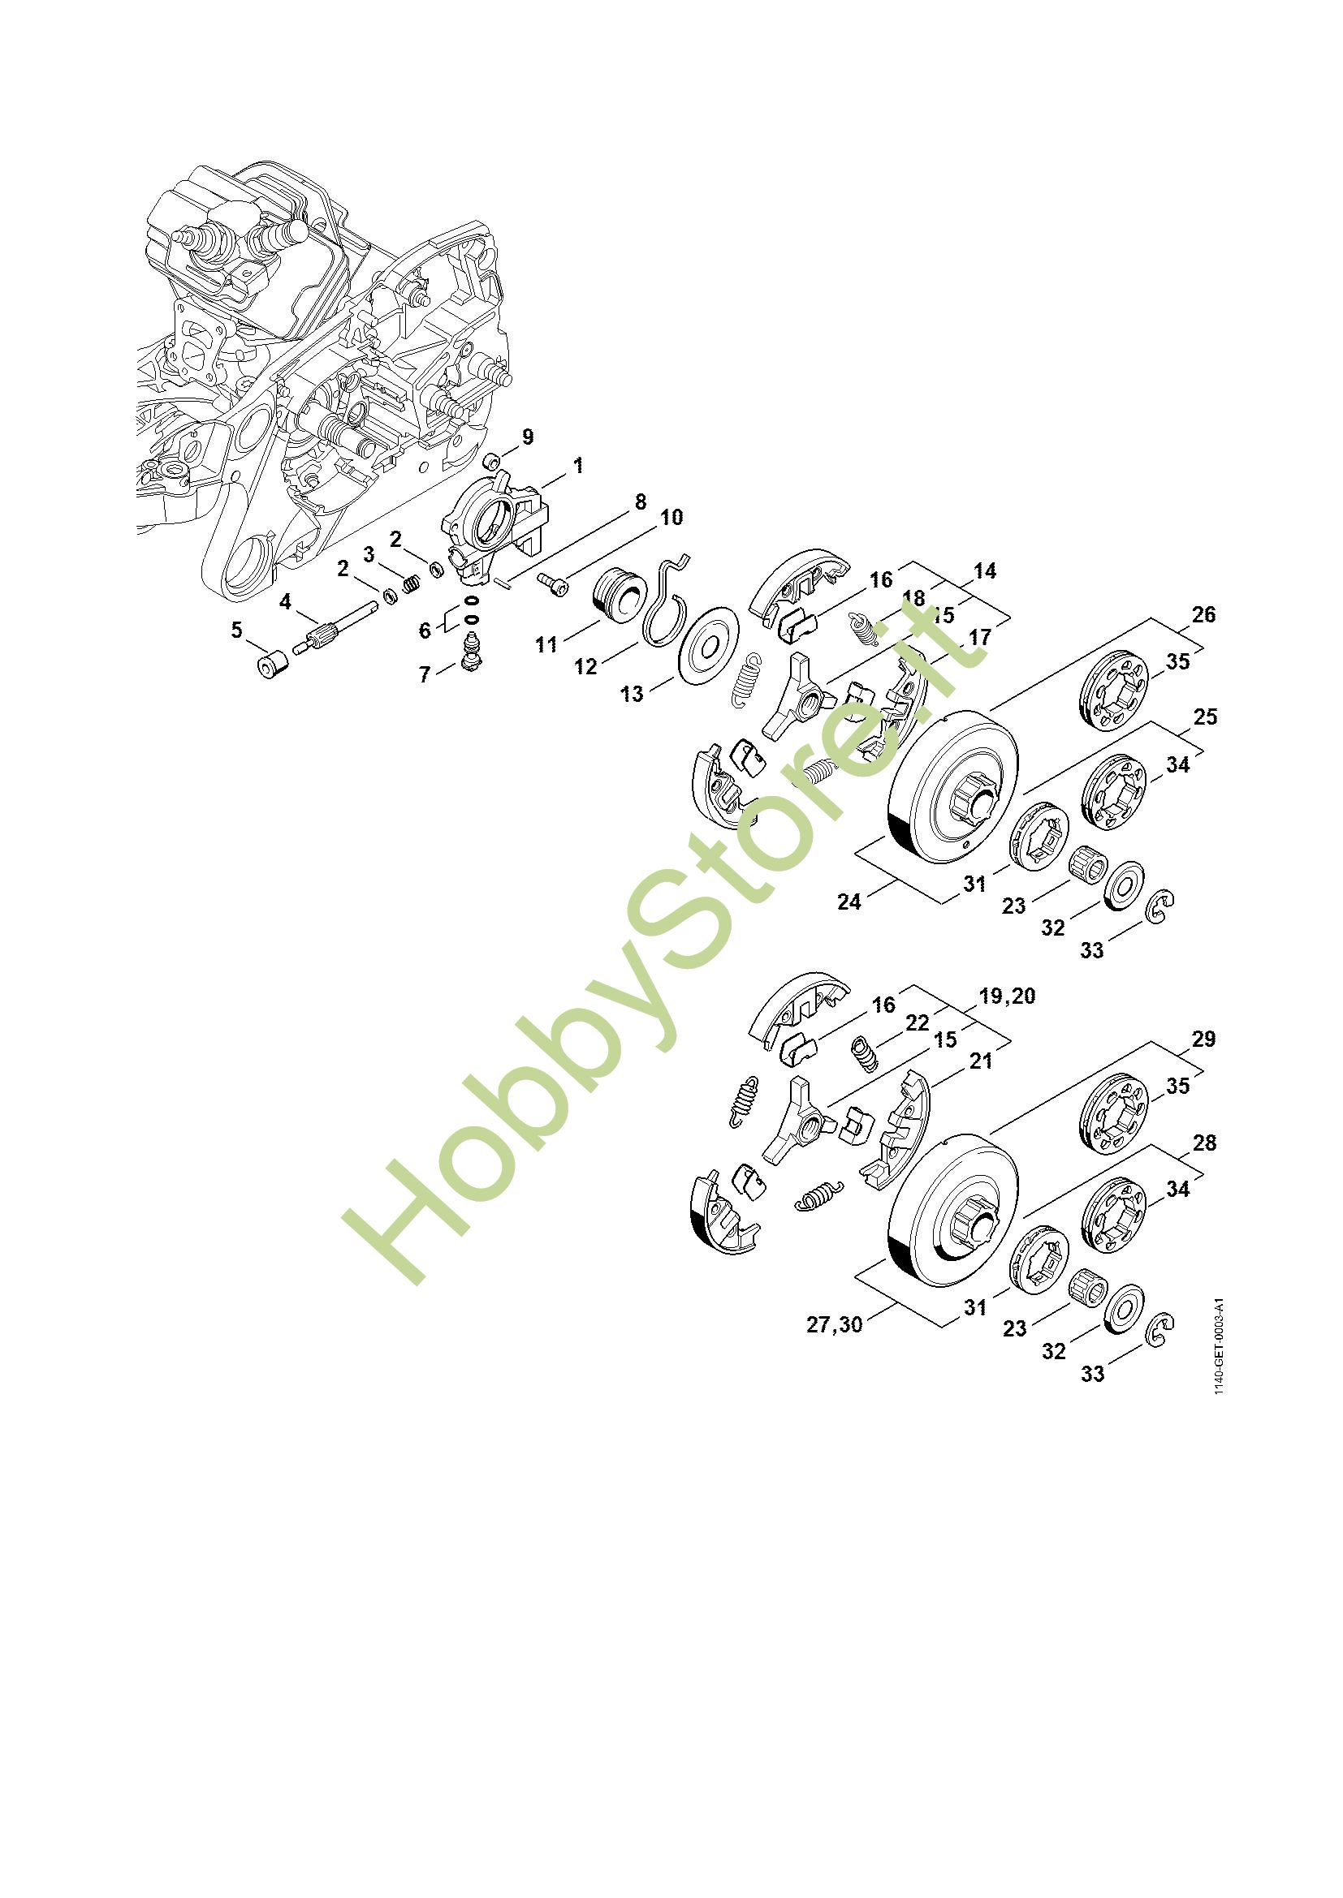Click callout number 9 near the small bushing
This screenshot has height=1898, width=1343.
pyautogui.click(x=528, y=437)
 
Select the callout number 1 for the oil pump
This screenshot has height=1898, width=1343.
pyautogui.click(x=578, y=466)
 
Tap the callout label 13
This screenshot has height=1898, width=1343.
pyautogui.click(x=632, y=695)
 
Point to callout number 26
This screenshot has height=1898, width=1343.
pyautogui.click(x=1204, y=614)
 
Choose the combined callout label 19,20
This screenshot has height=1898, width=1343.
pyautogui.click(x=1006, y=996)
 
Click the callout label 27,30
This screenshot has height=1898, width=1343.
pyautogui.click(x=835, y=1324)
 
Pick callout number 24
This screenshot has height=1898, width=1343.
pyautogui.click(x=849, y=902)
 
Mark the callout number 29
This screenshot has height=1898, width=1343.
pyautogui.click(x=1204, y=1039)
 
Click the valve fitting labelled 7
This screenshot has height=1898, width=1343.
pyautogui.click(x=473, y=650)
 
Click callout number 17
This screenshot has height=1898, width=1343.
pyautogui.click(x=979, y=637)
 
